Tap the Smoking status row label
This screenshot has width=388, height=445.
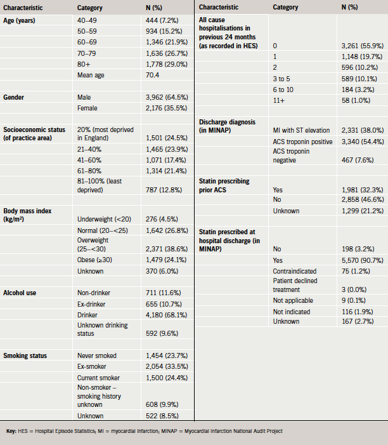[x=25, y=355]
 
